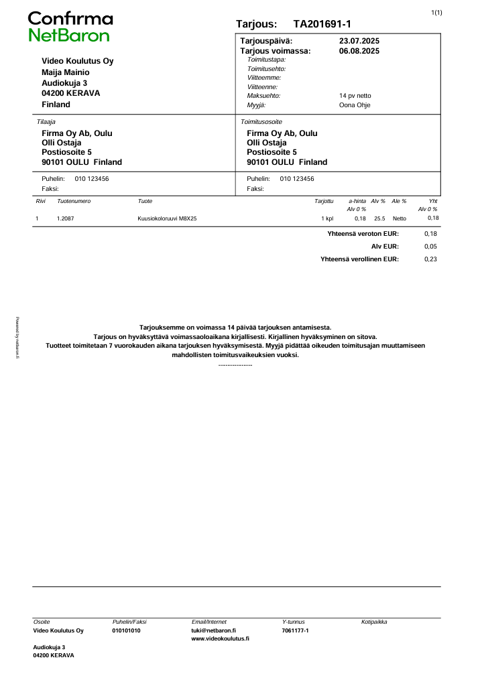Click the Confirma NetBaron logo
tap(70, 27)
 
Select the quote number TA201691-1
tap(322, 24)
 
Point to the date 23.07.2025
tap(359, 42)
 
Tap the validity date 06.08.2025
tap(359, 50)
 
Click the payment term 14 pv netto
tap(355, 96)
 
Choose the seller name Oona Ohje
tap(355, 105)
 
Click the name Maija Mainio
tap(65, 72)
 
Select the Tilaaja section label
tap(46, 122)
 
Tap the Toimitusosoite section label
tap(261, 122)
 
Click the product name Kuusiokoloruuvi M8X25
tap(167, 218)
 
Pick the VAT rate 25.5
tap(379, 218)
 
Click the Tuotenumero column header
tap(74, 201)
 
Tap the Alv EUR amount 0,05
tap(431, 247)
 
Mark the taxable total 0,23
tap(431, 259)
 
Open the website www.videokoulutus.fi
tap(220, 639)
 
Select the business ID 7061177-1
tap(295, 630)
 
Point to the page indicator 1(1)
tap(436, 13)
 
